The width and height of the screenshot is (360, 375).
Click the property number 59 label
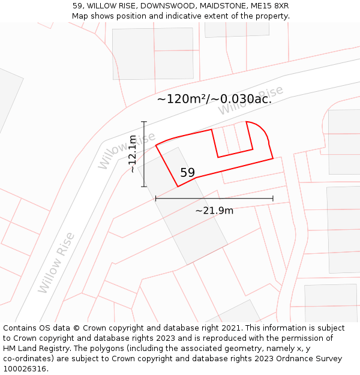(187, 173)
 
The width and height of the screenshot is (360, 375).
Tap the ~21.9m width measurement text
(214, 210)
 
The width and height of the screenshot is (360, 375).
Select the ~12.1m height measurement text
(133, 154)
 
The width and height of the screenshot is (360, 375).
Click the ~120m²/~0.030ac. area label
(214, 99)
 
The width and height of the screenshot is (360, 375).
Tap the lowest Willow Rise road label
(56, 263)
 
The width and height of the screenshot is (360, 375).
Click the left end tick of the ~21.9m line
(155, 198)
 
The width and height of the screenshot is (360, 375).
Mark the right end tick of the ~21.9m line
(273, 198)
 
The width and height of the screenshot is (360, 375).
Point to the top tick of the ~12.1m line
(144, 122)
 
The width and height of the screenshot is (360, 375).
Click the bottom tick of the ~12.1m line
(144, 187)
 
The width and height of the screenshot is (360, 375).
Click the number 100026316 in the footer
(26, 369)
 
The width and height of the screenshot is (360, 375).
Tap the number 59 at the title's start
(77, 6)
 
